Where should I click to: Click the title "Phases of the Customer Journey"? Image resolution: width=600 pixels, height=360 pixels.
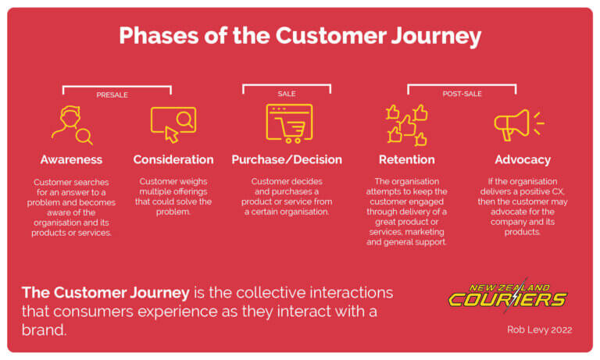300,36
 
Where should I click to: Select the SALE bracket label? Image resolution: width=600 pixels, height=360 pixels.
287,94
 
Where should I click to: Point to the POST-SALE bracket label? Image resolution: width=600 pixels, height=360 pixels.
462,94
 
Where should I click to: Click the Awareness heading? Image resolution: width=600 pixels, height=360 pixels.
71,159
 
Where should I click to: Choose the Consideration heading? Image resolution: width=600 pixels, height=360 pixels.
173,159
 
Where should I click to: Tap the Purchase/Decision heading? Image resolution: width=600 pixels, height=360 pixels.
287,159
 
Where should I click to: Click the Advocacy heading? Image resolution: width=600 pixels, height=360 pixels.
523,159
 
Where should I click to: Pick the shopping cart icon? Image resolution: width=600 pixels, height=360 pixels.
288,123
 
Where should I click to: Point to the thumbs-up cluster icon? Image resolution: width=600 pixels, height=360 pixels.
406,123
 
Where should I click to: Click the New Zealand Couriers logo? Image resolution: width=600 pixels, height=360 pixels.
509,294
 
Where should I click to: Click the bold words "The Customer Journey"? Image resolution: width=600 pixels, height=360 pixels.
105,293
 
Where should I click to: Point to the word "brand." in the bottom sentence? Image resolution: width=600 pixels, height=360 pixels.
44,330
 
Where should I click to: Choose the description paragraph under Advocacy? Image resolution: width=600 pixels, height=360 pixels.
523,206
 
